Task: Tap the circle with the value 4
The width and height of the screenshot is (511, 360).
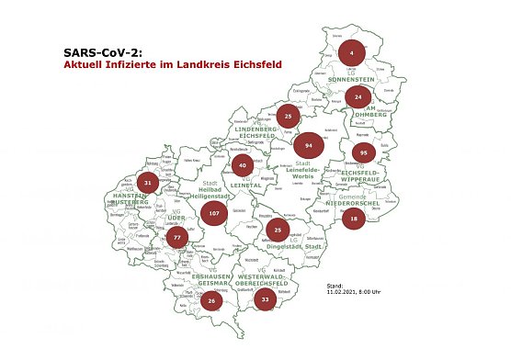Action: (351, 53)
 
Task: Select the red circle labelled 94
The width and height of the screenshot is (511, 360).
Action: (310, 146)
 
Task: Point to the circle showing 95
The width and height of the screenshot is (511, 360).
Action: (365, 152)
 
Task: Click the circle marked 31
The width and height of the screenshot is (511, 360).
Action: (148, 183)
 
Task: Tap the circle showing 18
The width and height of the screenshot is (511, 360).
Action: (354, 218)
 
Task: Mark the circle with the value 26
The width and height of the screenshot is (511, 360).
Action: (211, 300)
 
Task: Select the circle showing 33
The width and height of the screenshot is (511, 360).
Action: (266, 299)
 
